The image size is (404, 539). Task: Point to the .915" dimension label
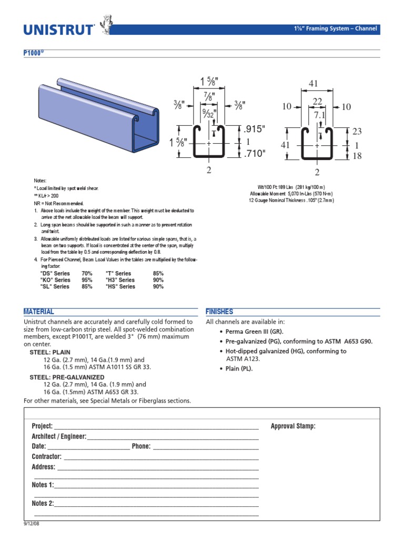pos(255,129)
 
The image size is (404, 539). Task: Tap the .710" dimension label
pos(255,154)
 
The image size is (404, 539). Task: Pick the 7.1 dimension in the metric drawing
pos(320,115)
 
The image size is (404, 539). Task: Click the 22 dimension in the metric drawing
pos(317,101)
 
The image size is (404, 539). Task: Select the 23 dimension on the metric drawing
pos(358,132)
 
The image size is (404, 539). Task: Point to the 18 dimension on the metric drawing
pos(358,155)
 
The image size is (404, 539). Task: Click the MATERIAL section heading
pos(38,312)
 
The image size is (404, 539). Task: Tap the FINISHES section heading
pos(219,312)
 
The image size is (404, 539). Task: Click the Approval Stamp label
pos(293,426)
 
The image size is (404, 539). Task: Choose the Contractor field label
pos(46,456)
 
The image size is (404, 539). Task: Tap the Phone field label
pos(141,446)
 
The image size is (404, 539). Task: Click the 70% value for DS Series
pos(87,274)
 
